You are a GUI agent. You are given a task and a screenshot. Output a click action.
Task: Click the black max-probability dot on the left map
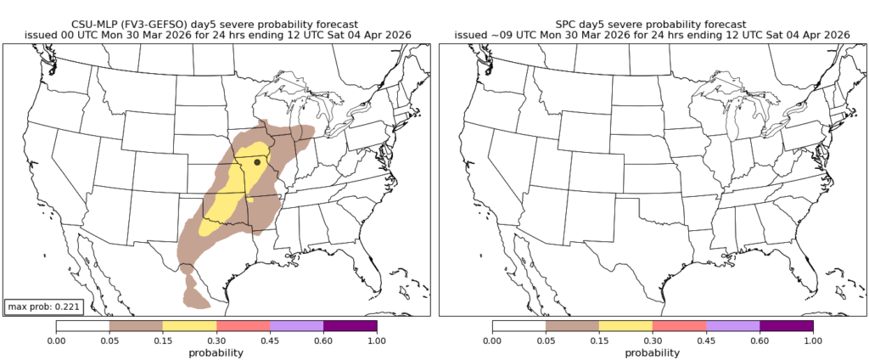[257, 161]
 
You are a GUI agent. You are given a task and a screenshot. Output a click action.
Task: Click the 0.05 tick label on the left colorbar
[109, 340]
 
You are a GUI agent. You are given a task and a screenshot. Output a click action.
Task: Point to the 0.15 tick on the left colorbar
[163, 340]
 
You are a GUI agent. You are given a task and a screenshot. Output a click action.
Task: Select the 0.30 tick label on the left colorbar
[216, 340]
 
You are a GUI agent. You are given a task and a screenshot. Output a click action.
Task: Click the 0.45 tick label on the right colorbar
[706, 340]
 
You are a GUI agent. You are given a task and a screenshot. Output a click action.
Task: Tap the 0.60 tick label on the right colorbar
[760, 340]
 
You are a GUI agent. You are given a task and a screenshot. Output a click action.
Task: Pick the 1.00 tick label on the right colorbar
[813, 340]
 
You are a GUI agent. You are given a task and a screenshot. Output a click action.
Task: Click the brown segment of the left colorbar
[136, 326]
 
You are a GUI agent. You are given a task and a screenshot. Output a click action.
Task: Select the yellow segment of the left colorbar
[189, 326]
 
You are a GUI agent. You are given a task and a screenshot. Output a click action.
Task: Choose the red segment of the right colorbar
[679, 326]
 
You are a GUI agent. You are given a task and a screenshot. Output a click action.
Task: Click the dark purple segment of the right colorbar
[786, 326]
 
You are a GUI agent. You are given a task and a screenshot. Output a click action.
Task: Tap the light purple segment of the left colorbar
[296, 326]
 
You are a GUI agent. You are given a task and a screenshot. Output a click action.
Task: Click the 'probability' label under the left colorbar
[216, 352]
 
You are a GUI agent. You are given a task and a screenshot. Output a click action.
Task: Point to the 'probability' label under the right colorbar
[652, 352]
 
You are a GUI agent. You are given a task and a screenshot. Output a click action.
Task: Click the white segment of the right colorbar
[519, 326]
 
